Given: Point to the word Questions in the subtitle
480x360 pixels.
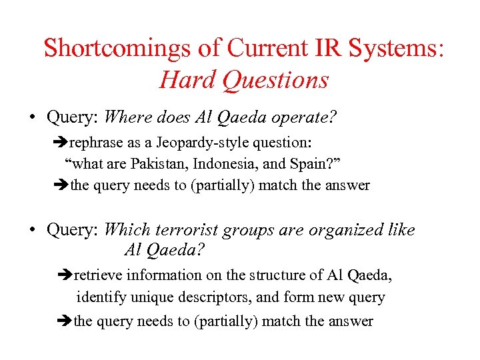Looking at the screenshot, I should coord(276,80).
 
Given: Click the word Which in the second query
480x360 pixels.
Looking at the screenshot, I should coord(127,231).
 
